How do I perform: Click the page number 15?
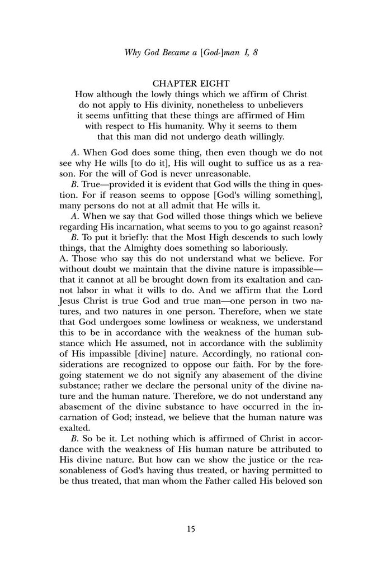[x=191, y=530]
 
